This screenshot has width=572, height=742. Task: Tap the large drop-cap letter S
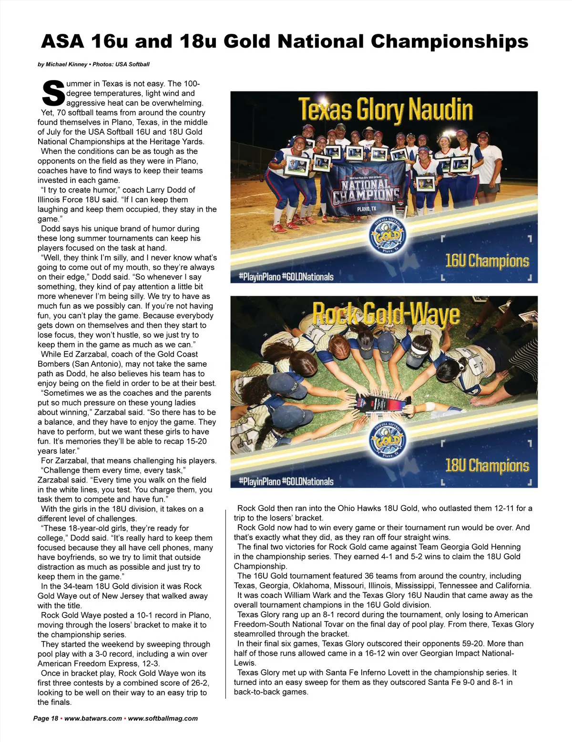coord(53,93)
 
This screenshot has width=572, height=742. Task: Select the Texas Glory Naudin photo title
coord(386,110)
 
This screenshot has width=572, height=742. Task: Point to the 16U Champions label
coord(487,261)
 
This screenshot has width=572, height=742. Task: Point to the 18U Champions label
coord(487,465)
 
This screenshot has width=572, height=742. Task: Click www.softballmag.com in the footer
coord(163,718)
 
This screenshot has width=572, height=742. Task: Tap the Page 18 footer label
coord(45,718)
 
